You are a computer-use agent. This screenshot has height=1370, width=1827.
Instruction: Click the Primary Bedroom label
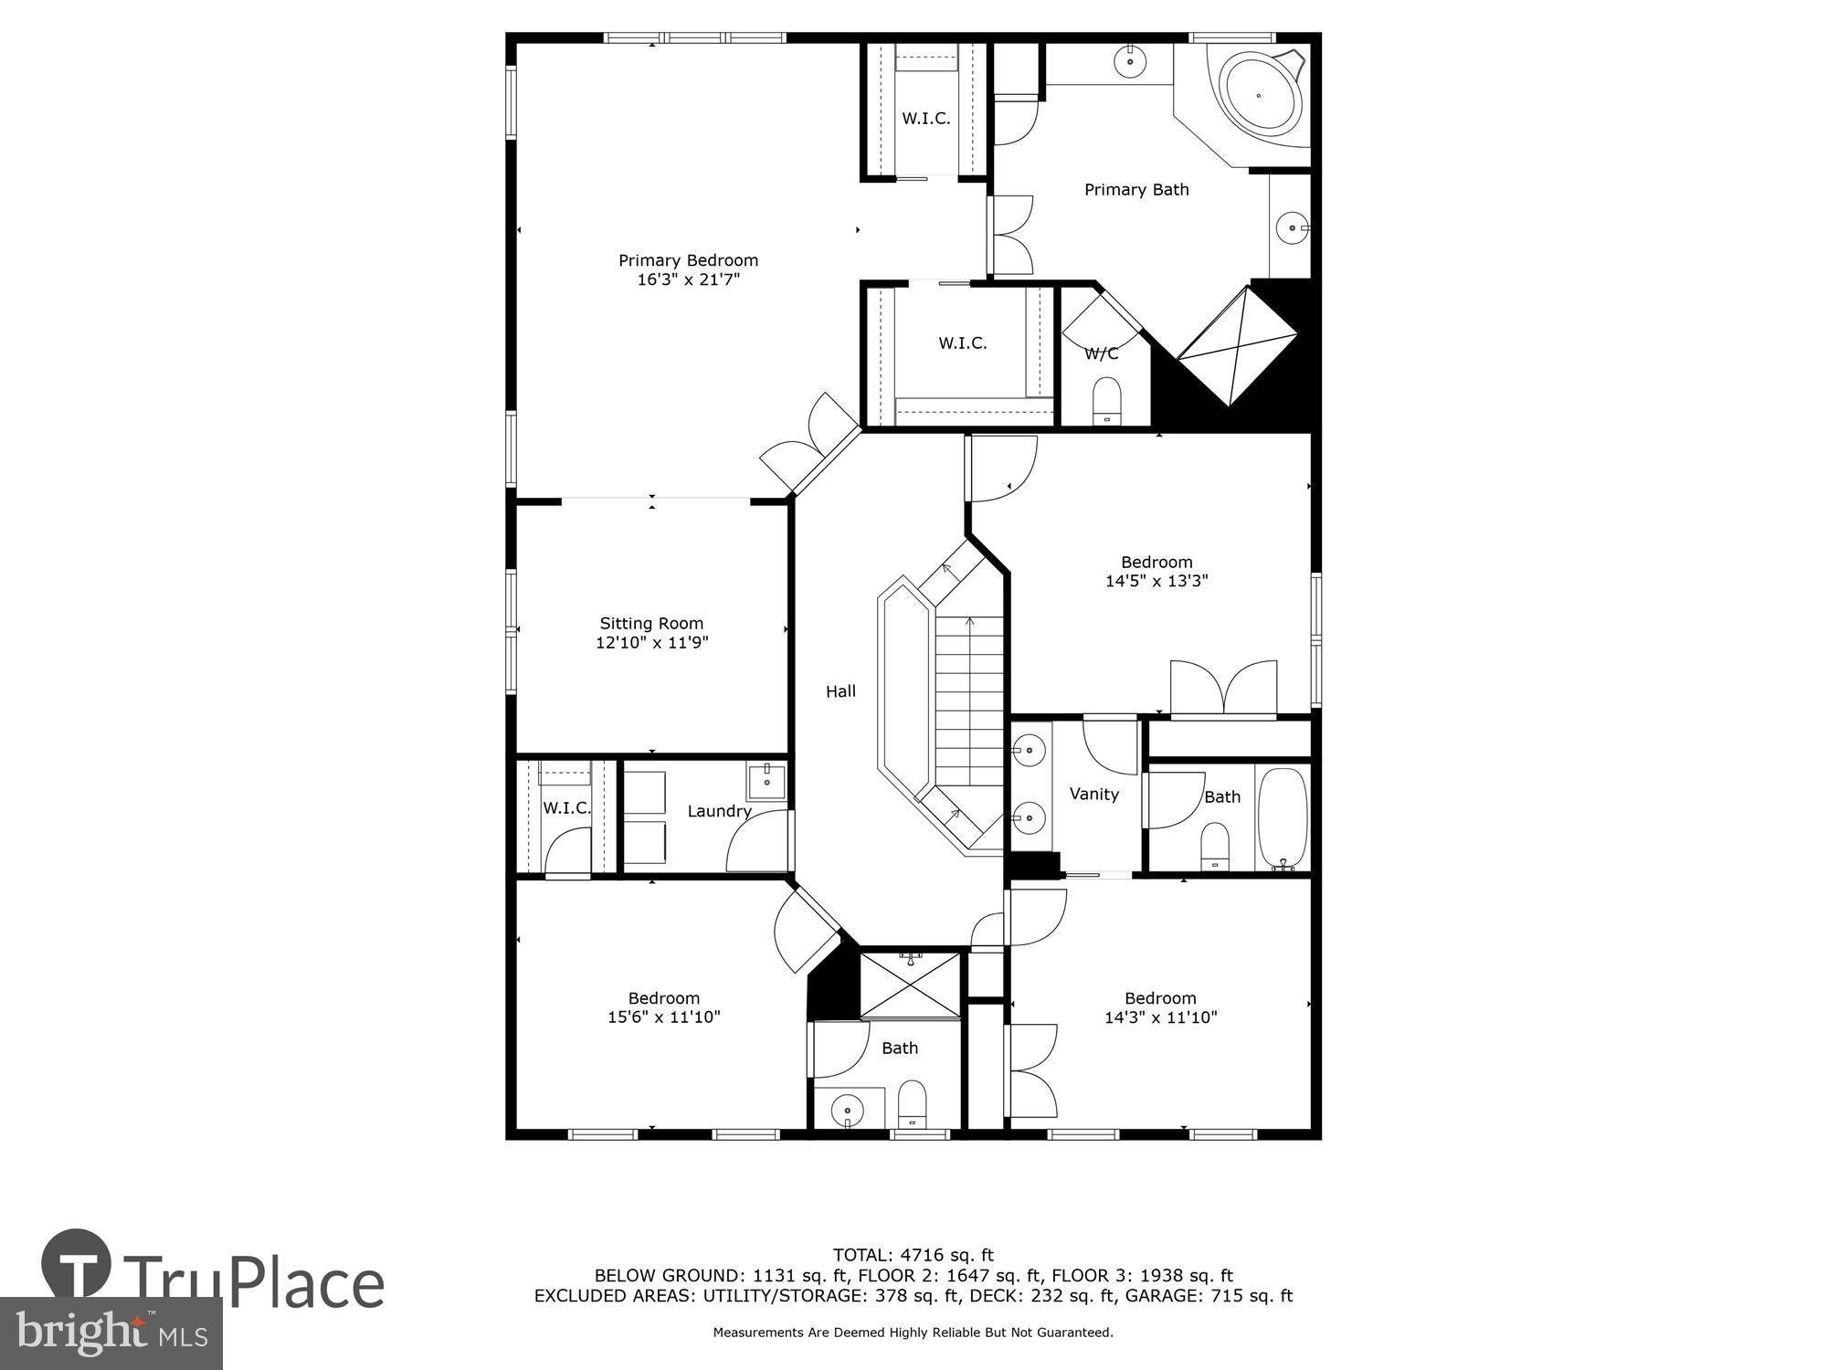point(688,260)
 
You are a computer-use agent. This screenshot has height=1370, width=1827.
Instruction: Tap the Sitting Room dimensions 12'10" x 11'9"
point(651,643)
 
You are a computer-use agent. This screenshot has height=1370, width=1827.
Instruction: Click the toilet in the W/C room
point(1106,399)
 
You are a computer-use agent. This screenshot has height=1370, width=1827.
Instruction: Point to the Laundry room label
point(719,811)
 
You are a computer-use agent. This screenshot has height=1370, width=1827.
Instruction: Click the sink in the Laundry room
point(766,782)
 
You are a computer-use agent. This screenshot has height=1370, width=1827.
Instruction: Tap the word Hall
point(840,691)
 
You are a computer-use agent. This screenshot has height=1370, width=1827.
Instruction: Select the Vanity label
point(1093,794)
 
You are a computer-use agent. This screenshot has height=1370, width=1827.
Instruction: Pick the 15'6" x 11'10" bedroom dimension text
point(664,1017)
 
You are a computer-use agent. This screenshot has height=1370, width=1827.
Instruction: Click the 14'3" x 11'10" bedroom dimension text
point(1160,1017)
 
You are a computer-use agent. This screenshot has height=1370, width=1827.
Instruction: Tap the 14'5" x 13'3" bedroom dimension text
point(1156,581)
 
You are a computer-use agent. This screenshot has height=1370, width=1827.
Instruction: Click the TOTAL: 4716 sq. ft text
point(913,1255)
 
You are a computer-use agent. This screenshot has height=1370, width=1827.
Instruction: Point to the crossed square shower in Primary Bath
point(1236,346)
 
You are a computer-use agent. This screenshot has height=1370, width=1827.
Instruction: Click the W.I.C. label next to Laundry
point(566,808)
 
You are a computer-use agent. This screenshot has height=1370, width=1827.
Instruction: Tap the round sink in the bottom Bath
point(848,1111)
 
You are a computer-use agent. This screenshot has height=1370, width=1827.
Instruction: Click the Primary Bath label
point(1136,190)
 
